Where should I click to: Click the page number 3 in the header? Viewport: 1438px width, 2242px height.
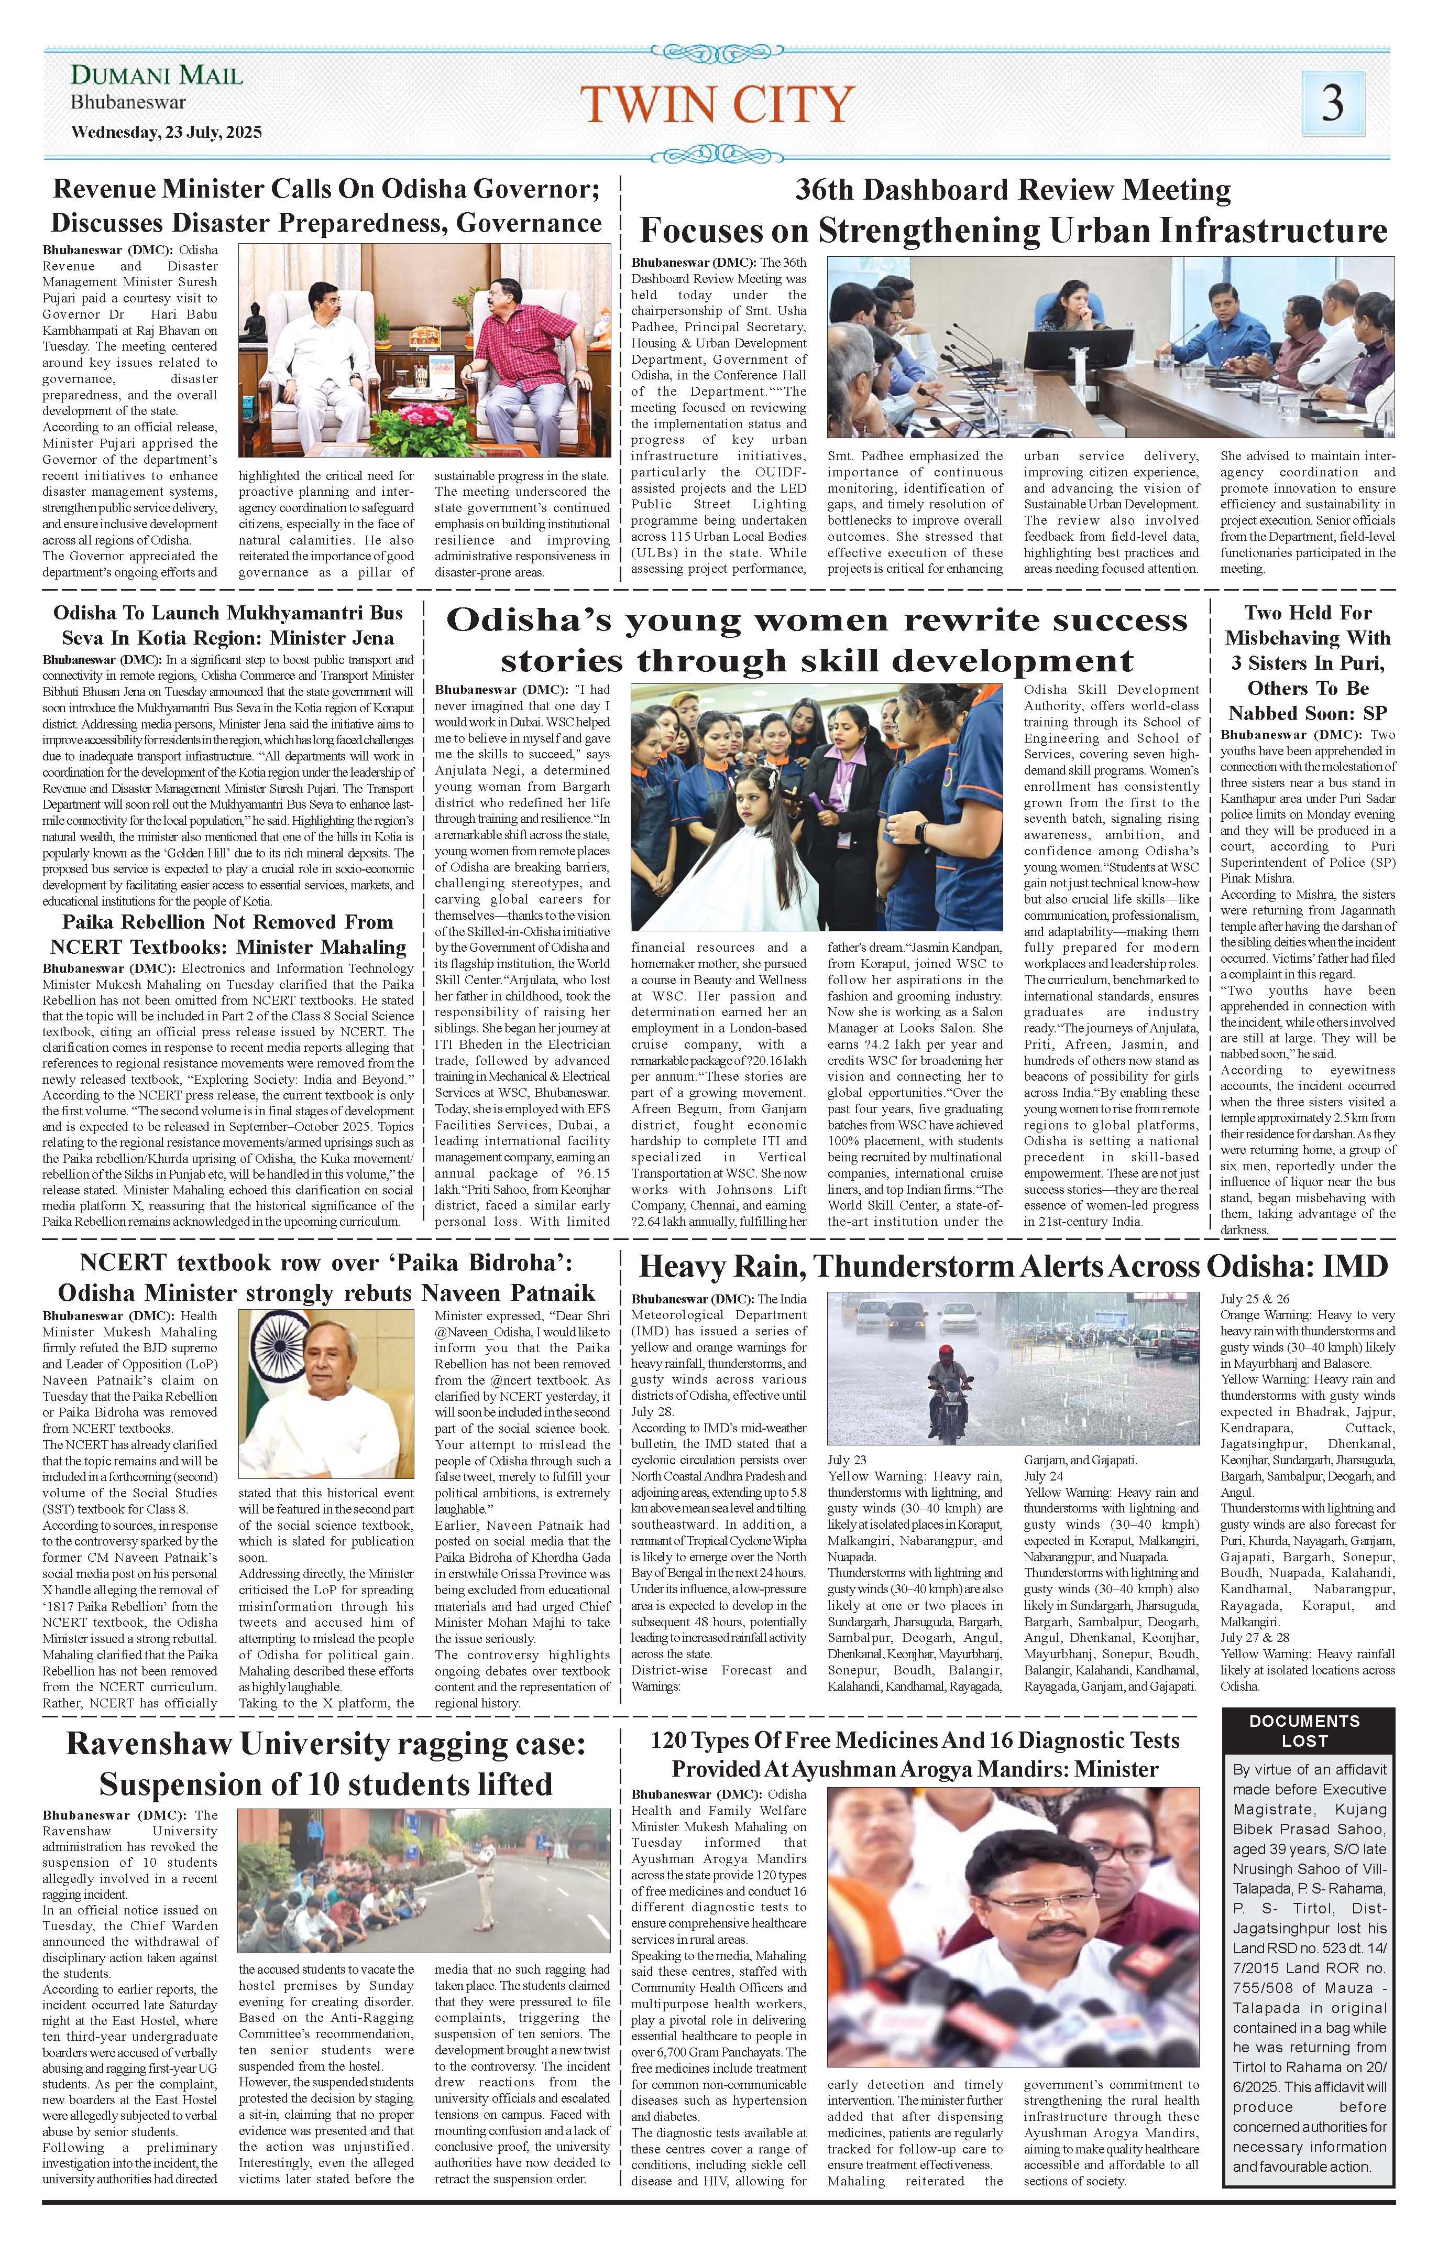point(1333,103)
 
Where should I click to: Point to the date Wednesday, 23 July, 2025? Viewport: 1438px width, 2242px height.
point(166,132)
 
